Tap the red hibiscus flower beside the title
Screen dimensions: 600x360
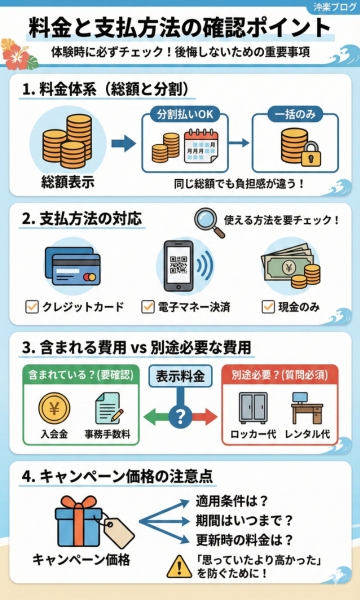point(18,50)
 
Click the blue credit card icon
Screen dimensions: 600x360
point(73,267)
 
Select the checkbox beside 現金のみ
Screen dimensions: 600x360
point(267,305)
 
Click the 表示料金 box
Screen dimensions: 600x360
point(181,376)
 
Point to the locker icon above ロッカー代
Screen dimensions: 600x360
point(256,408)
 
